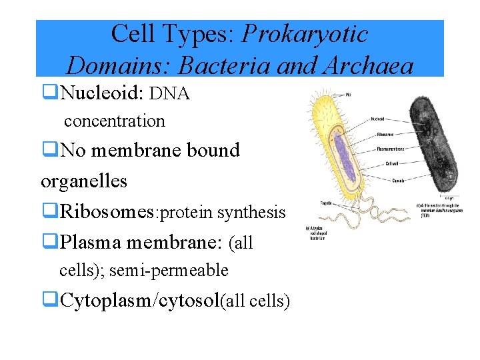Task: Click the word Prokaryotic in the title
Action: pos(305,33)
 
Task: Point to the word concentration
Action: pos(114,121)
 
